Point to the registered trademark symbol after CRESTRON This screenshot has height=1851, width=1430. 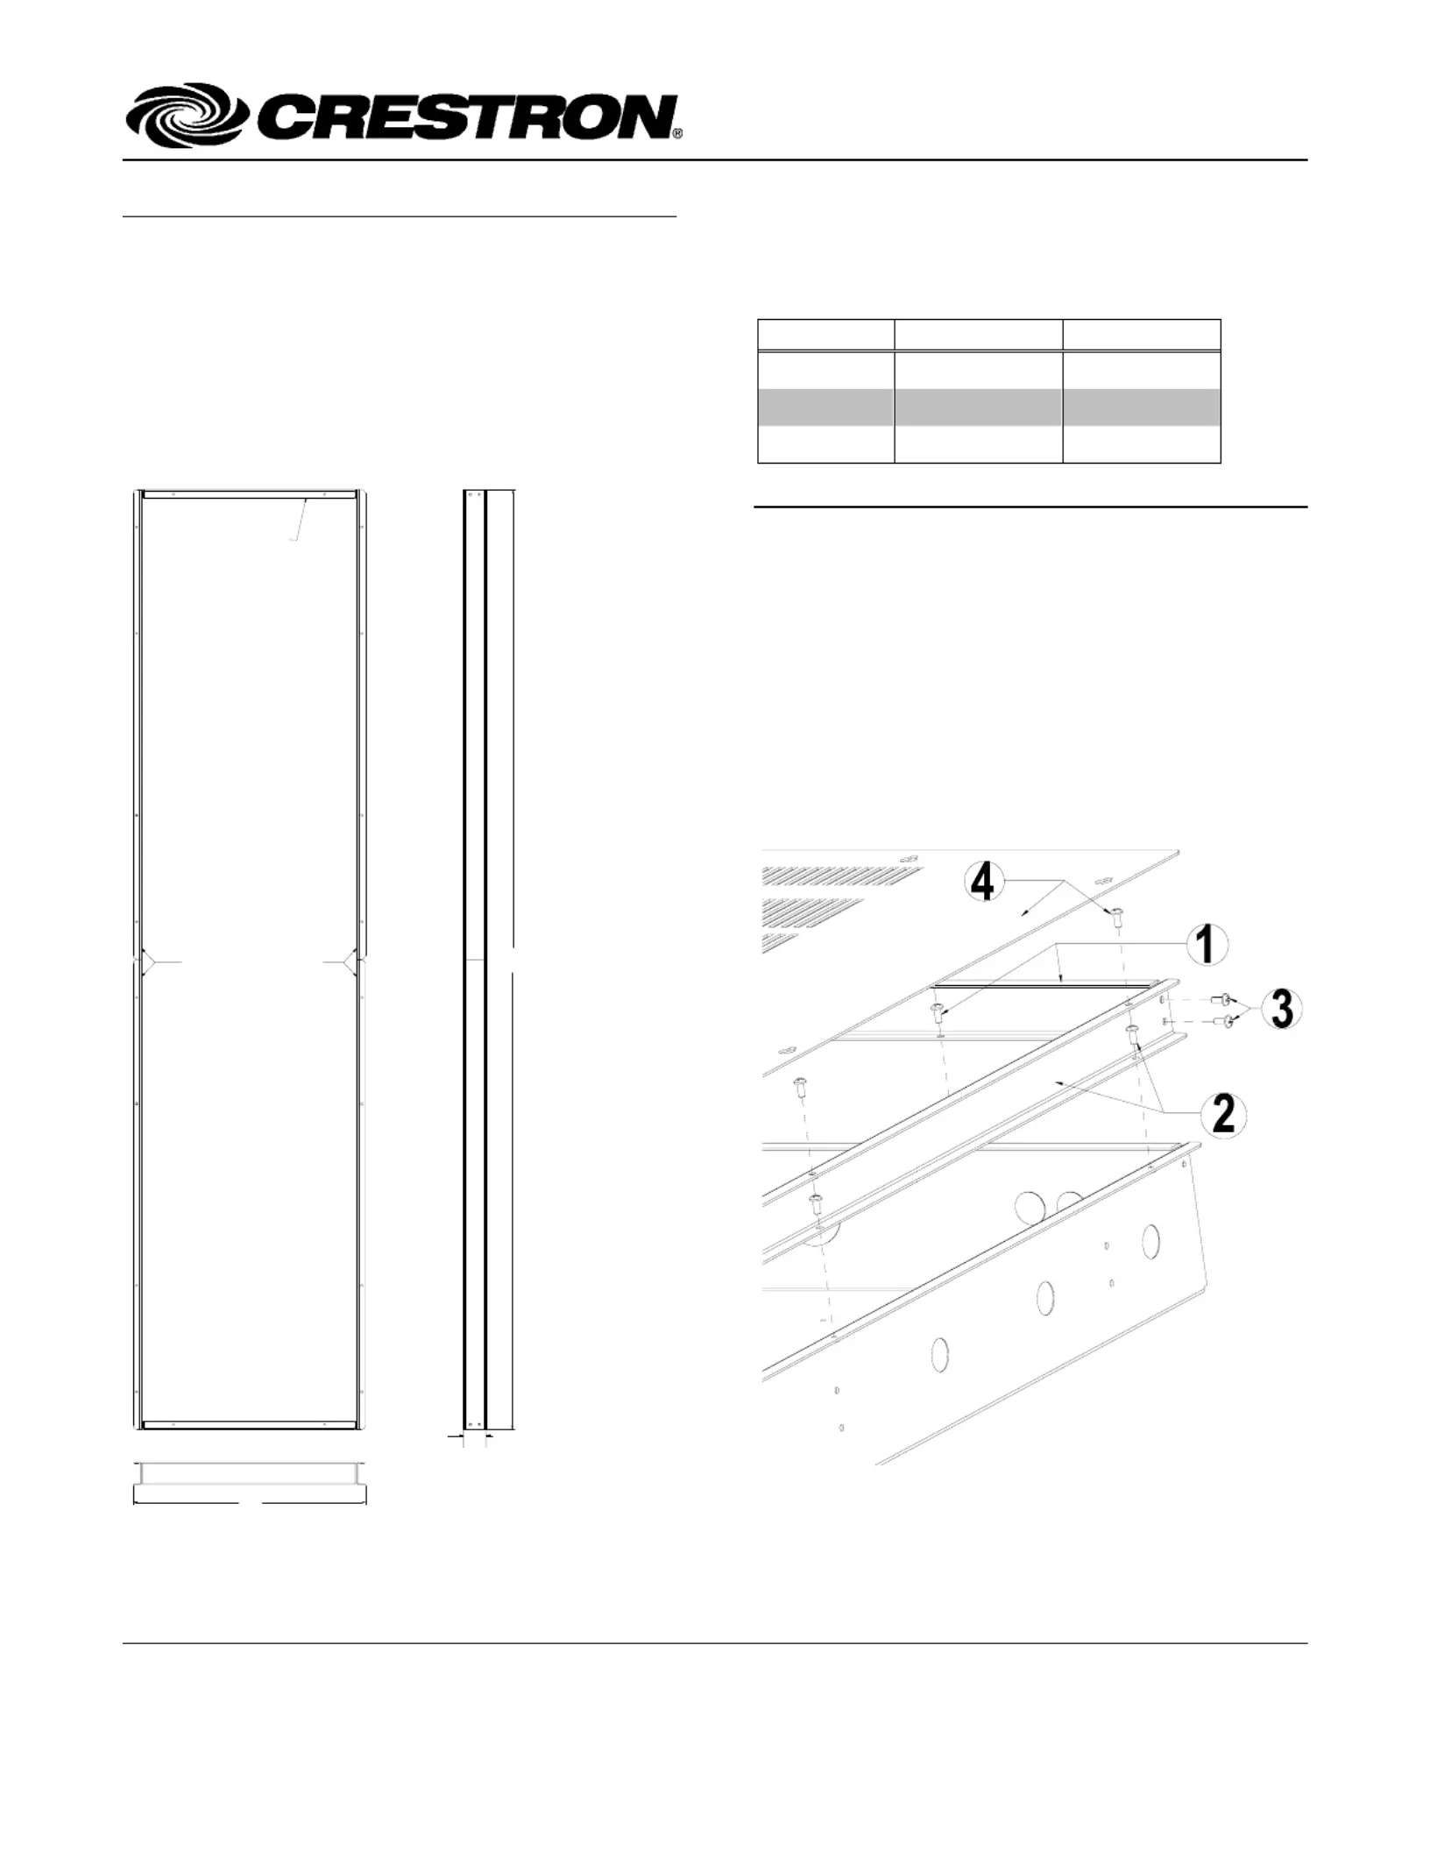point(677,133)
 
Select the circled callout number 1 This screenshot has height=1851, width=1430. point(1207,946)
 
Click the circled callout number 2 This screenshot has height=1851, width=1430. point(1223,1114)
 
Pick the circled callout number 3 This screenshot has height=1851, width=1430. point(1281,1009)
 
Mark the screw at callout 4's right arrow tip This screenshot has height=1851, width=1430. point(1117,918)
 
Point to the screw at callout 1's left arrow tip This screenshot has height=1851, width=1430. point(938,1013)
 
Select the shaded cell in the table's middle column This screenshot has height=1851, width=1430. point(978,408)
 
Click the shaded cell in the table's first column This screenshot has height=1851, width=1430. point(825,408)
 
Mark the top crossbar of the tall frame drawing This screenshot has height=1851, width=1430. point(250,494)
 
